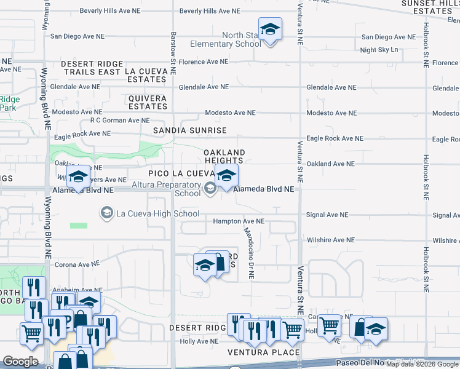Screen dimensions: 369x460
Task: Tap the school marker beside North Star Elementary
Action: pyautogui.click(x=269, y=30)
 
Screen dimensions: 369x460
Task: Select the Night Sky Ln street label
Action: pyautogui.click(x=379, y=50)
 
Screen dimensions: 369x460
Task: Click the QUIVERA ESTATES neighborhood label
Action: pyautogui.click(x=148, y=102)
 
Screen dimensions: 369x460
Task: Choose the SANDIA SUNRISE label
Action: pyautogui.click(x=189, y=130)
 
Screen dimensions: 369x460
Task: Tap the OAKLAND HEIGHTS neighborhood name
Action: pyautogui.click(x=224, y=156)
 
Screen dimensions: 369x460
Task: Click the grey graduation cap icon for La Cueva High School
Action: pyautogui.click(x=106, y=213)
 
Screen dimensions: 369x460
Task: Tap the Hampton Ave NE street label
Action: pyautogui.click(x=239, y=221)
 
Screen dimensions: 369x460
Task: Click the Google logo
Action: pyautogui.click(x=21, y=362)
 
